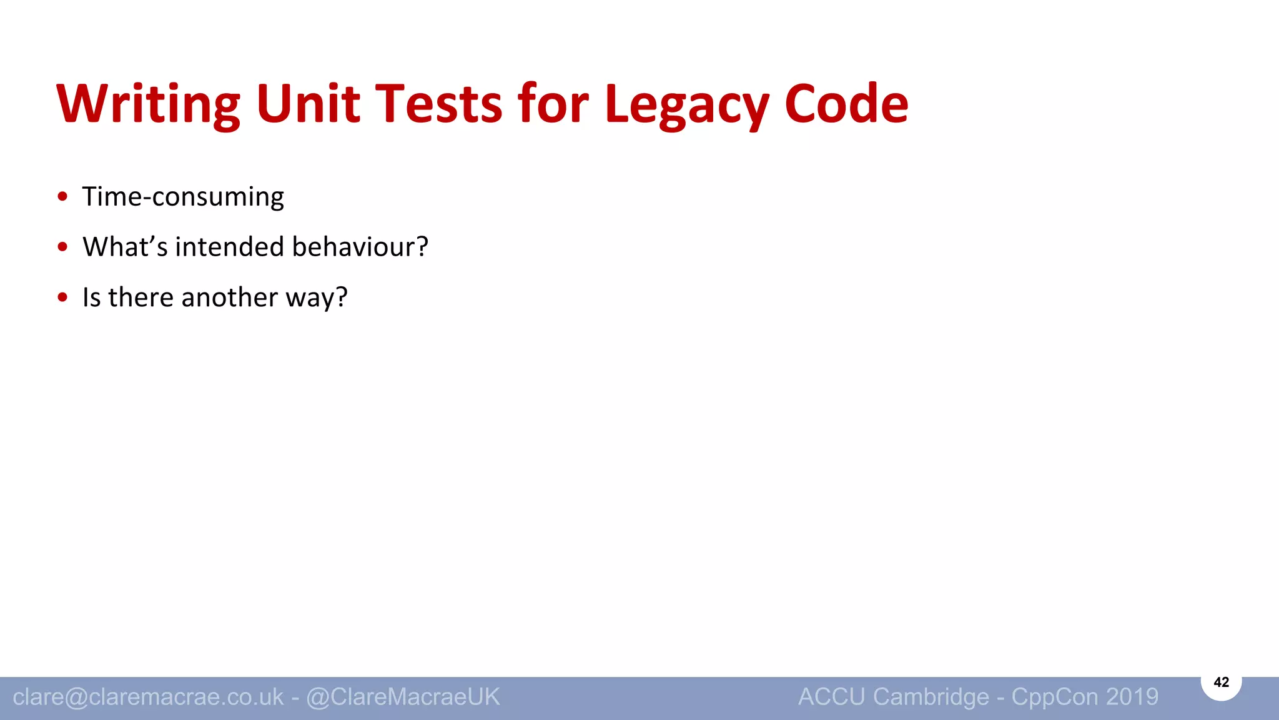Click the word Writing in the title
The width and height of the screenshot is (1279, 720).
tap(148, 104)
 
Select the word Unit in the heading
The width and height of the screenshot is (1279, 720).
tap(308, 104)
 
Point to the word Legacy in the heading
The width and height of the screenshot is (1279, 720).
tap(686, 104)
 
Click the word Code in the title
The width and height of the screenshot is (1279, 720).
tap(846, 104)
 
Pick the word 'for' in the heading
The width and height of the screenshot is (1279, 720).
tap(553, 104)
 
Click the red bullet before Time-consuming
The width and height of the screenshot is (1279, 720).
tap(62, 197)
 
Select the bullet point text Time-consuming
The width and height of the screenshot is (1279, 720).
tap(183, 197)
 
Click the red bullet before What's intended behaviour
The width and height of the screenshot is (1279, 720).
tap(62, 247)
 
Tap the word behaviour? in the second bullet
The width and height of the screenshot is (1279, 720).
tap(360, 247)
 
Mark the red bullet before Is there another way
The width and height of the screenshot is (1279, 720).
tap(62, 297)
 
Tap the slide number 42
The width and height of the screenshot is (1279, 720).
tap(1221, 682)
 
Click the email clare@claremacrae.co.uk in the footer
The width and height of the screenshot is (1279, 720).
tap(148, 697)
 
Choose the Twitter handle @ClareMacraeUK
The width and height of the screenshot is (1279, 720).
tap(403, 697)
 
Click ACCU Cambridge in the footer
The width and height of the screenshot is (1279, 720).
tap(893, 697)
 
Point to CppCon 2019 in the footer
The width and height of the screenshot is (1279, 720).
tap(1085, 697)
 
